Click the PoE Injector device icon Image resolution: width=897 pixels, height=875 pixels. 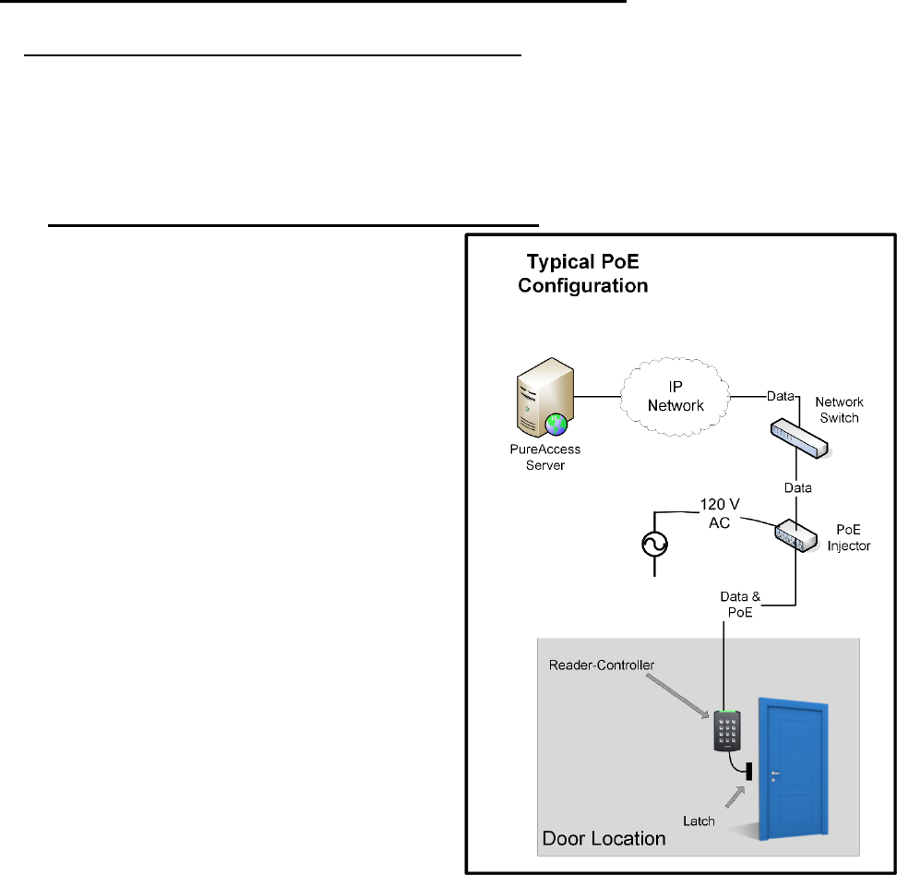[x=795, y=535]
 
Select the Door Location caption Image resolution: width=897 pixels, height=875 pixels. [x=604, y=838]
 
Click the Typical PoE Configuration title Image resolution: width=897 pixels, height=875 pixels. [x=582, y=274]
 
